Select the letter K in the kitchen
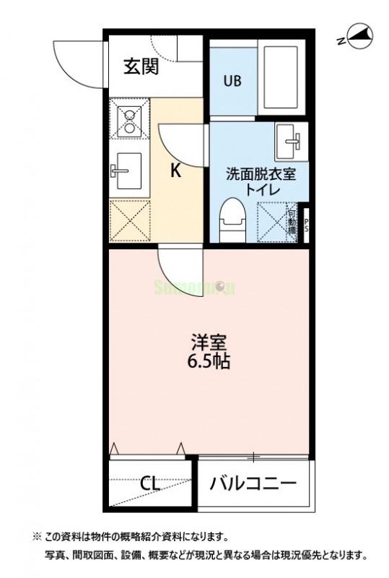[175, 171]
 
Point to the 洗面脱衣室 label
[261, 174]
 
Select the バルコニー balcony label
[253, 483]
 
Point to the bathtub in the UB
[279, 76]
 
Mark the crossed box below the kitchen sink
[130, 220]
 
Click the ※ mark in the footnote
[37, 537]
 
